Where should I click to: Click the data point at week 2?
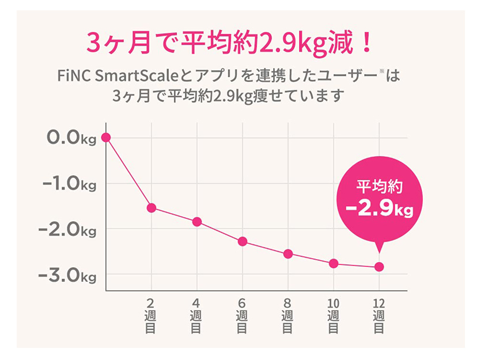(152, 208)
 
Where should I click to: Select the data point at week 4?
(197, 222)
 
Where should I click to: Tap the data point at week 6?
(243, 241)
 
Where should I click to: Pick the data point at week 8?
(288, 254)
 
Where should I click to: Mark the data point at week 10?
(334, 264)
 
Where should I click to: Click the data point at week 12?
(379, 267)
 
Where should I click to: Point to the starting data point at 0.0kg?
(106, 137)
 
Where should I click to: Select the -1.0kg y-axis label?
(67, 184)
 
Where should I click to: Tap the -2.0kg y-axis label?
(67, 229)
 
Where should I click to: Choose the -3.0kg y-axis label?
(67, 275)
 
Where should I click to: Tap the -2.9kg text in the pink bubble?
(380, 208)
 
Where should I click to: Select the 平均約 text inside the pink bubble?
(379, 186)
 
